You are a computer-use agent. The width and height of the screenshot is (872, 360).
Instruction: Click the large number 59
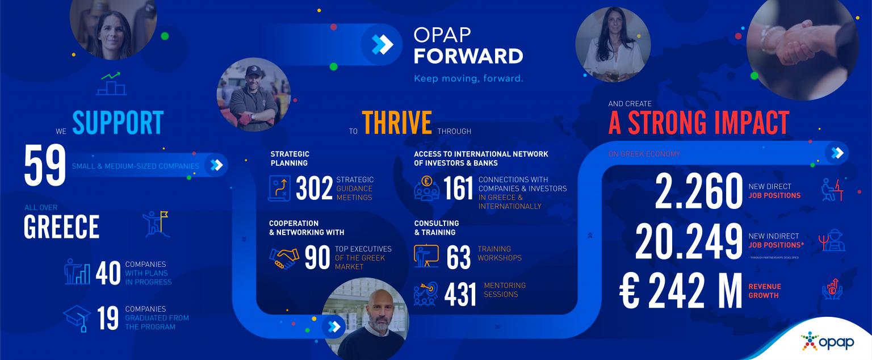click(44, 166)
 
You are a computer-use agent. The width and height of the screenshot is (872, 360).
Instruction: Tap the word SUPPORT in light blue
click(118, 122)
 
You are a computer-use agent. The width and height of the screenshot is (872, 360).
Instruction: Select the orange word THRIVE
click(397, 122)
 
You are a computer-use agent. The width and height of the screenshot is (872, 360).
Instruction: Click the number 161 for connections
click(458, 189)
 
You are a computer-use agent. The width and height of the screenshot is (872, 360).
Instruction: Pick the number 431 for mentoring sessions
click(460, 295)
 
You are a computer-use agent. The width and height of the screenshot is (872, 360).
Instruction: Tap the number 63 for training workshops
click(459, 258)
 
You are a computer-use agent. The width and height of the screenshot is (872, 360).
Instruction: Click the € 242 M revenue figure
click(681, 291)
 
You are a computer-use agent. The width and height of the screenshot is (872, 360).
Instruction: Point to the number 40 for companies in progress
click(108, 273)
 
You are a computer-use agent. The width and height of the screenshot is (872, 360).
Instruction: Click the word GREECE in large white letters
click(61, 227)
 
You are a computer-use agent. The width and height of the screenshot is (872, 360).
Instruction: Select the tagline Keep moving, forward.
click(468, 78)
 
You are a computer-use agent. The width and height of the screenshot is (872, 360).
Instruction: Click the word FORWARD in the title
click(468, 56)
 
